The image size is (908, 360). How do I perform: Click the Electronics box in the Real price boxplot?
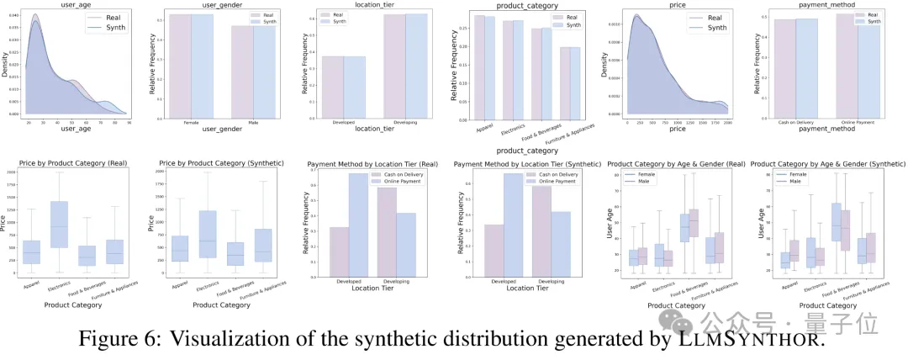pos(59,224)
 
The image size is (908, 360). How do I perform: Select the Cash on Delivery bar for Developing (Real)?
pos(387,230)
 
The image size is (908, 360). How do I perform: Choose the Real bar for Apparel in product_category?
pos(479,67)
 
